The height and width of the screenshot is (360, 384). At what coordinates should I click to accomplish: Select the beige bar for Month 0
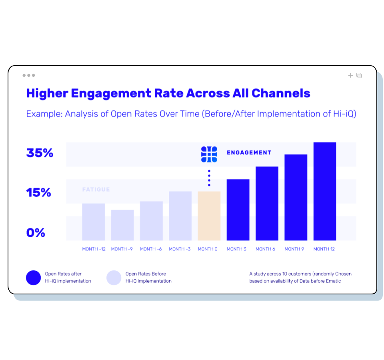[x=209, y=216]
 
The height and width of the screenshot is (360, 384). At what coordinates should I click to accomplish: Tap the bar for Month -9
[x=122, y=225]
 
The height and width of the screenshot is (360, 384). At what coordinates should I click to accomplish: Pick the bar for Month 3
[x=238, y=210]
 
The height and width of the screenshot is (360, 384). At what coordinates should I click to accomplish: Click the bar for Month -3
[x=180, y=216]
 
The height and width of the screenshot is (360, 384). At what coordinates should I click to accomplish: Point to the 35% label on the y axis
[x=40, y=153]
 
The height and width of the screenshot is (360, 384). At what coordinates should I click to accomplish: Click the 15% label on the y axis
[x=39, y=193]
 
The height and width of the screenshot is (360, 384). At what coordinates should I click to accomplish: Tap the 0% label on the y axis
[x=36, y=233]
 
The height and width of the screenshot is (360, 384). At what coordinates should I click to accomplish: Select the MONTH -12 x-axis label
[x=94, y=249]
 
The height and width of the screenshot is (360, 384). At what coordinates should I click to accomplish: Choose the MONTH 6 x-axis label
[x=265, y=249]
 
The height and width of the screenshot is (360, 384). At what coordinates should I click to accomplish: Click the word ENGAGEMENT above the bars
[x=249, y=153]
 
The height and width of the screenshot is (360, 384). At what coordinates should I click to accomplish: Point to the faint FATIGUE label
[x=96, y=190]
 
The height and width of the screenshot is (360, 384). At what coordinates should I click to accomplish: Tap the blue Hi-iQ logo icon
[x=209, y=154]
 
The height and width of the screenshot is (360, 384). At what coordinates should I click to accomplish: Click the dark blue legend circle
[x=34, y=278]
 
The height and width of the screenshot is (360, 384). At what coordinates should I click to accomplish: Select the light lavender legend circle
[x=114, y=278]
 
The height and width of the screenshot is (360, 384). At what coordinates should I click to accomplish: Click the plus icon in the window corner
[x=350, y=75]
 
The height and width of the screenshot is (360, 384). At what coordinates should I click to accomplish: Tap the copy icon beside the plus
[x=359, y=75]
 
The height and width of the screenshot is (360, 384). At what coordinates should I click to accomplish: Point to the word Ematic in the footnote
[x=332, y=281]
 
